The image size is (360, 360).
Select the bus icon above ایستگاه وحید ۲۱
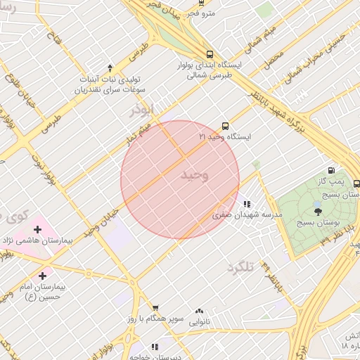pos(224,127)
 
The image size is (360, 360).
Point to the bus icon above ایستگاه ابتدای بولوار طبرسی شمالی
pos(210,54)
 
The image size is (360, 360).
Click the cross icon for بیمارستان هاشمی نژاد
pos(37,229)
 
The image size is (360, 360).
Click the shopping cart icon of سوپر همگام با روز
pos(155,308)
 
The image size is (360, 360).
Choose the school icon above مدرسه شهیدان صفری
pos(246,205)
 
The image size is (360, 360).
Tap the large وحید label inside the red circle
pos(195,175)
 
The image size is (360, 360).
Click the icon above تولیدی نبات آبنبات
pos(110,67)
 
